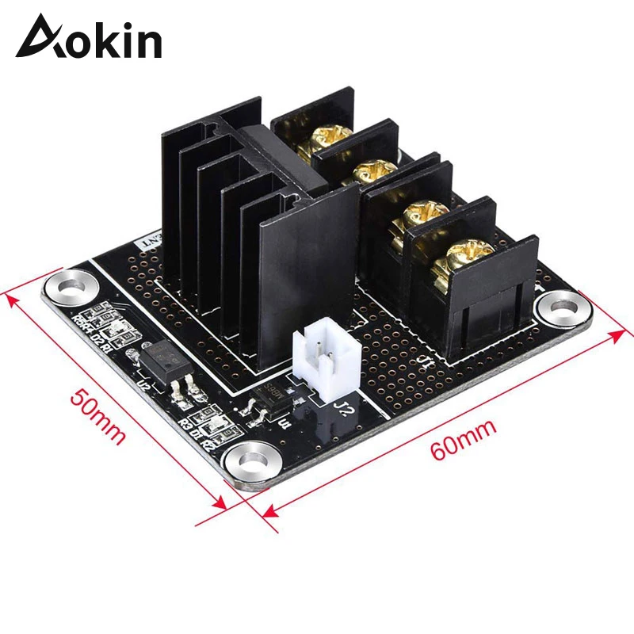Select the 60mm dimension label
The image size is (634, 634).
point(464,441)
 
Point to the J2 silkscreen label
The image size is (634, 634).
point(343,410)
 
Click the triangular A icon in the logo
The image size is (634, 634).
point(36,38)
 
